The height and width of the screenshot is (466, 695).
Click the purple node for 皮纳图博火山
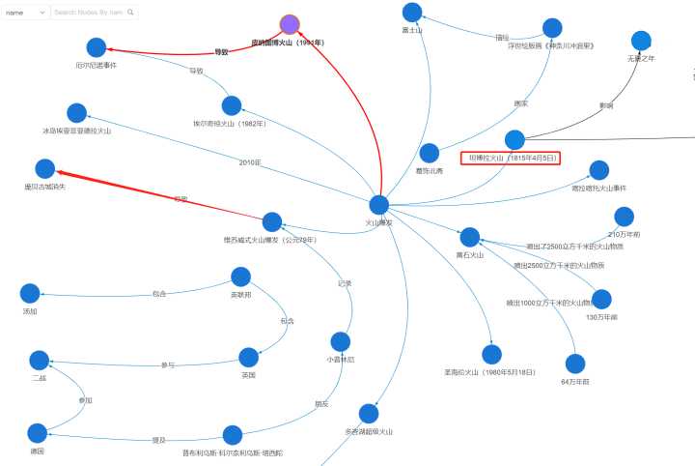[x=290, y=24]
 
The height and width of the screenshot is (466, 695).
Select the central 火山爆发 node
[x=379, y=205]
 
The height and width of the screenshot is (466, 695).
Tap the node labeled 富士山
[x=412, y=13]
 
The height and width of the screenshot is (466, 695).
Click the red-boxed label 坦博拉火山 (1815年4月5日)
[x=512, y=158]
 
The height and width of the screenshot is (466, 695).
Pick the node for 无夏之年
[x=642, y=41]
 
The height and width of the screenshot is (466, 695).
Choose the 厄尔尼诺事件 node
[x=96, y=47]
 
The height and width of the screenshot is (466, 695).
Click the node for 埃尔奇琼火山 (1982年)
[x=231, y=105]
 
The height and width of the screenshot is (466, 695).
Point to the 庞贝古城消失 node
[x=45, y=169]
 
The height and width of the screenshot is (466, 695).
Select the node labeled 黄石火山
[x=470, y=237]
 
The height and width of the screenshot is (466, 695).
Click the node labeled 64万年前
[x=575, y=364]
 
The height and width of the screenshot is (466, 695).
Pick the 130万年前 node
[x=601, y=300]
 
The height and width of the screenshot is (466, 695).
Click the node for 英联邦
[x=241, y=277]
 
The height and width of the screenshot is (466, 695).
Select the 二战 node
[x=40, y=361]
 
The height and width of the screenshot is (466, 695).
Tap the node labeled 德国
[x=38, y=433]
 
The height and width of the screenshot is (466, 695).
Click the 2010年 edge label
[x=250, y=162]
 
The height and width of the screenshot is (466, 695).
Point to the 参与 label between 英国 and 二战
[x=168, y=365]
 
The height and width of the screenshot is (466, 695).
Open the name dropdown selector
[x=25, y=13]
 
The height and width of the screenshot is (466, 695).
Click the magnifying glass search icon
[x=131, y=13]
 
